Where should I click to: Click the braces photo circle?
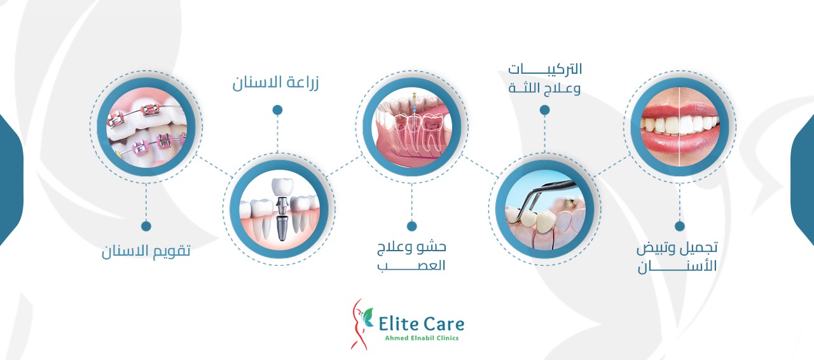pyautogui.click(x=146, y=127)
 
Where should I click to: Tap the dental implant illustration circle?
pyautogui.click(x=279, y=209)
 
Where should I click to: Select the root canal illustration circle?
pyautogui.click(x=411, y=127)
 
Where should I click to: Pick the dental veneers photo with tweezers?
pyautogui.click(x=545, y=209)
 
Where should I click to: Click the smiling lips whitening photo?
pyautogui.click(x=680, y=127)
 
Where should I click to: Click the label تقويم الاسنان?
pyautogui.click(x=146, y=251)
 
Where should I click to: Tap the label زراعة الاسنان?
pyautogui.click(x=275, y=83)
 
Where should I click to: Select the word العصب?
pyautogui.click(x=411, y=265)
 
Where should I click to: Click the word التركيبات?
pyautogui.click(x=545, y=69)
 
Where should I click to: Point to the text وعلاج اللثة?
pyautogui.click(x=544, y=88)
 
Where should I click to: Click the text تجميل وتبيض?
pyautogui.click(x=677, y=248)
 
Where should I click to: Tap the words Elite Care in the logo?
pyautogui.click(x=421, y=324)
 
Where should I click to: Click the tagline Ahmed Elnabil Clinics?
pyautogui.click(x=422, y=338)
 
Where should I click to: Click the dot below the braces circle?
pyautogui.click(x=146, y=226)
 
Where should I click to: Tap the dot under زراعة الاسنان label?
pyautogui.click(x=278, y=110)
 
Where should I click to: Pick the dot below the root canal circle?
pyautogui.click(x=411, y=226)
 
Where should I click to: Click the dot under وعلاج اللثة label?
pyautogui.click(x=544, y=110)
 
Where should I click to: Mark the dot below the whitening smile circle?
pyautogui.click(x=680, y=226)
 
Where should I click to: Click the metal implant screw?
pyautogui.click(x=282, y=228)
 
